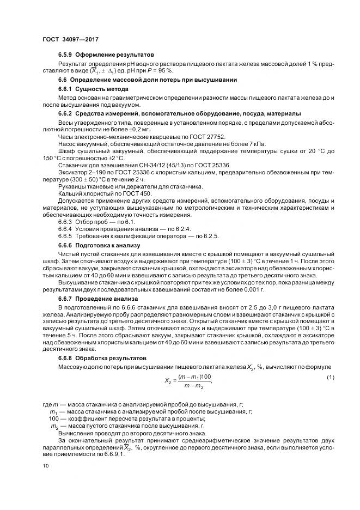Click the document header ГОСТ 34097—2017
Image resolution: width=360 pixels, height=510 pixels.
pos(71,39)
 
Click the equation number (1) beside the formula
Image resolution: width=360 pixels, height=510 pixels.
pos(330,378)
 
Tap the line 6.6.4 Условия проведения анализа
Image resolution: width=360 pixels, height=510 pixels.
pos(108,229)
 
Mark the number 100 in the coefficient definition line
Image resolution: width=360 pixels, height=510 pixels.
pos(53,418)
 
